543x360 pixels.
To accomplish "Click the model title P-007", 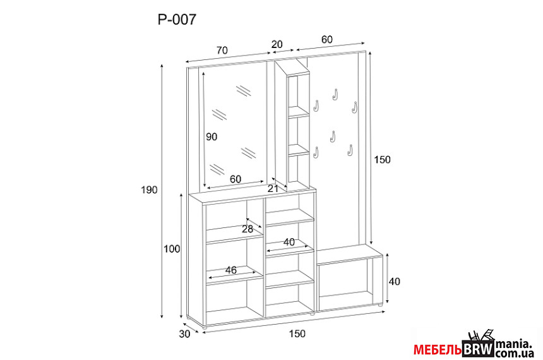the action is [177, 20].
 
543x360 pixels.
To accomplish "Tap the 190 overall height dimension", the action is [149, 190].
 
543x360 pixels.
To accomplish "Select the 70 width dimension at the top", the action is [222, 51].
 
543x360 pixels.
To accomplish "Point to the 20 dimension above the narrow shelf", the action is [277, 44].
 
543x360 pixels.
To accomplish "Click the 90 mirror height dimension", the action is [212, 137].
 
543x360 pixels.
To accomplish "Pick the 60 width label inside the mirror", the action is [235, 179].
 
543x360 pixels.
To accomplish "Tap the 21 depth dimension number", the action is [273, 188].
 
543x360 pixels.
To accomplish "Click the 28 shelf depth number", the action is [248, 229].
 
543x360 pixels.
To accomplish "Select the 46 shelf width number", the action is [231, 270].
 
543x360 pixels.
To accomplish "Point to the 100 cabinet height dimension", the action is [172, 249].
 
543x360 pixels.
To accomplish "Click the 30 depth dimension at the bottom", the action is [184, 334].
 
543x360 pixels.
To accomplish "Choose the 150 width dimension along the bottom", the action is [297, 333].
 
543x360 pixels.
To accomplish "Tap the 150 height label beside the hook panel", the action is [382, 160].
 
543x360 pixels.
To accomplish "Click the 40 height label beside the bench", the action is [394, 281].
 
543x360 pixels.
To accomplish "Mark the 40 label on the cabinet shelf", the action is [289, 242].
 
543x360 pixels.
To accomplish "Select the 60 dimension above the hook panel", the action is [327, 40].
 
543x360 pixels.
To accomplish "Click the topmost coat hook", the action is [335, 95].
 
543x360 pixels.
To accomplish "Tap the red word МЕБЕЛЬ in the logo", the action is [438, 351].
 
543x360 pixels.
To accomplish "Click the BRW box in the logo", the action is [478, 349].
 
